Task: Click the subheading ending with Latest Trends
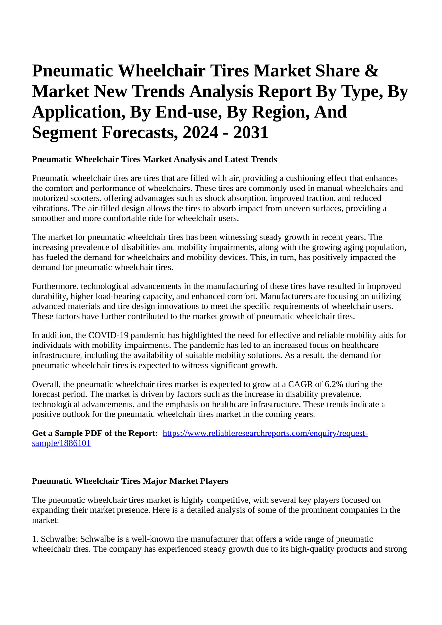(154, 160)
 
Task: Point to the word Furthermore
(55, 286)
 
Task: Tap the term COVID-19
(106, 335)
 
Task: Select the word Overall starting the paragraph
(45, 384)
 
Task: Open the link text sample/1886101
(61, 444)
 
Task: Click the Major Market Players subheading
(130, 481)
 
